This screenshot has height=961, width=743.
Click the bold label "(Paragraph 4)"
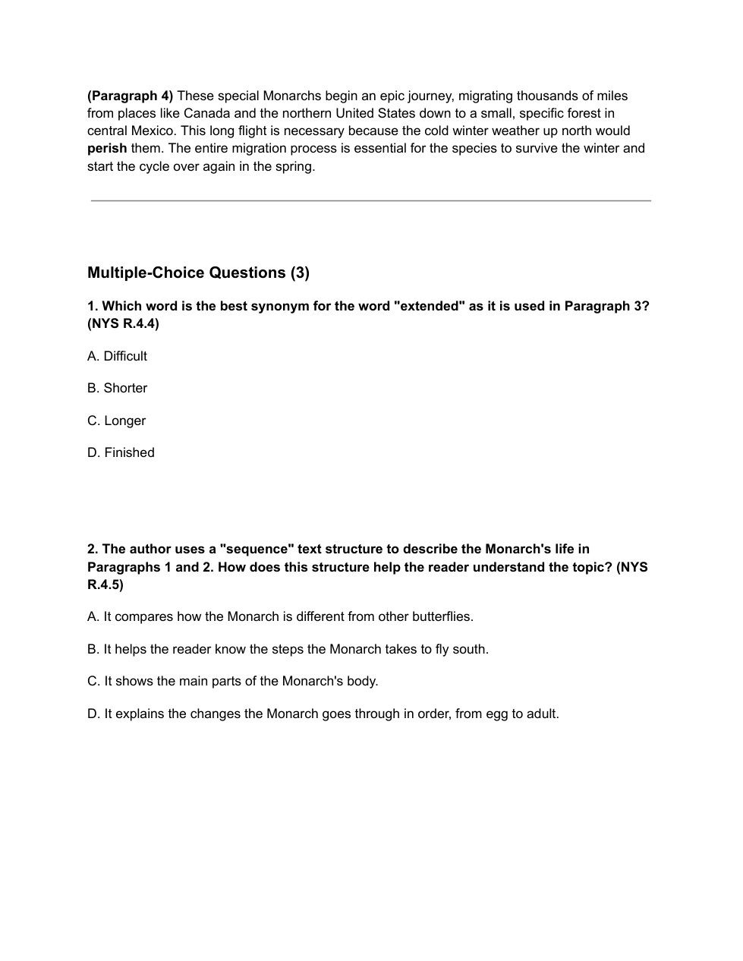point(130,96)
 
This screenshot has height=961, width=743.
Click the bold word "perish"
point(107,148)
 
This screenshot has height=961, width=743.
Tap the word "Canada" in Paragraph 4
point(206,113)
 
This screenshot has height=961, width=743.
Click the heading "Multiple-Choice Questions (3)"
point(198,273)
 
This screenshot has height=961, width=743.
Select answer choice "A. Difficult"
point(117,356)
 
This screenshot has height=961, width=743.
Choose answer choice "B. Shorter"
point(117,388)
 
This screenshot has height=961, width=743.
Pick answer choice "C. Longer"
point(116,421)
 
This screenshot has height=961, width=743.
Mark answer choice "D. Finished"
point(121,452)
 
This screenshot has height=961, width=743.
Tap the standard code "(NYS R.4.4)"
point(123,323)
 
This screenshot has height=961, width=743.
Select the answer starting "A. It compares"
point(280,616)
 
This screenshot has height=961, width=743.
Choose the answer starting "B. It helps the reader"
point(288,649)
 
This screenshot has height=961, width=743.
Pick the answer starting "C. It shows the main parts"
point(232,681)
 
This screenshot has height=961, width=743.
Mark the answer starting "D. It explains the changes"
point(323,714)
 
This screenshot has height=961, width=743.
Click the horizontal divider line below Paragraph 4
point(371,200)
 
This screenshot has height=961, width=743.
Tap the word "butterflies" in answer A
point(441,616)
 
